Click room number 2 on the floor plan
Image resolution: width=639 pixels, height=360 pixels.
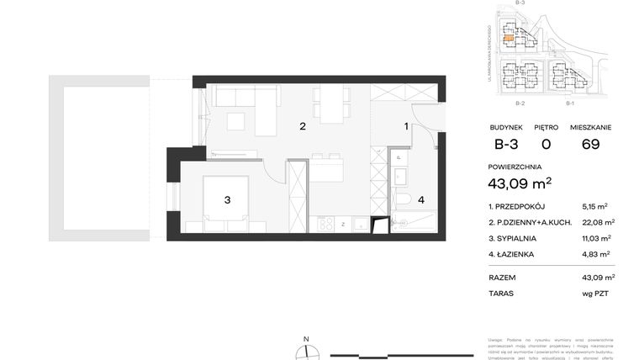point(302,127)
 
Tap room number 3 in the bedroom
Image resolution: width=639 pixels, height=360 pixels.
point(227,199)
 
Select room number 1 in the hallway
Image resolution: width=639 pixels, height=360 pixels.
point(406,126)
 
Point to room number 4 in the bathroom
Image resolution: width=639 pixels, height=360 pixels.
point(421,199)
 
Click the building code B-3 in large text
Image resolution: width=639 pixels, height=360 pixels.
point(506,145)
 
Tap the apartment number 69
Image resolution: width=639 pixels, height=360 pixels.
point(590,145)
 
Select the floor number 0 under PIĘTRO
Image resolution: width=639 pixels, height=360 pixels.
point(546,145)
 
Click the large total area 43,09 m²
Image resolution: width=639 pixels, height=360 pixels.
point(520,182)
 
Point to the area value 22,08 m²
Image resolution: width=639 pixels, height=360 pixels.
point(598,222)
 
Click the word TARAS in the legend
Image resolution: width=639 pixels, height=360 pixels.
point(502,294)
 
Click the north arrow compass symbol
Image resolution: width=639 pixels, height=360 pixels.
point(307,351)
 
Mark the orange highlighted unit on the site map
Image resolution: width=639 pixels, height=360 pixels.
point(509,38)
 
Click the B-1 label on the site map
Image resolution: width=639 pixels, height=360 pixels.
point(569,103)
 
